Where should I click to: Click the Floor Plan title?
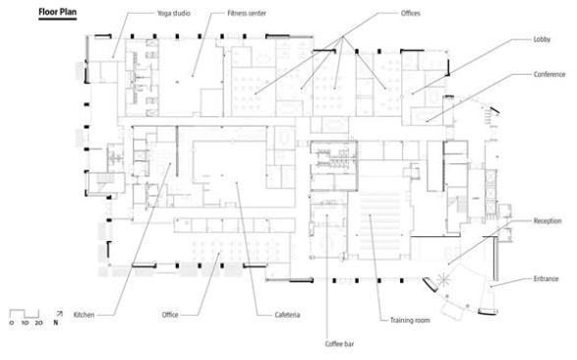click(x=58, y=12)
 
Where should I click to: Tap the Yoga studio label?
click(x=174, y=13)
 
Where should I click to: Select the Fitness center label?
click(x=247, y=13)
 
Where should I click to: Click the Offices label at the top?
click(x=411, y=13)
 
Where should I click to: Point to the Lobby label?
click(x=542, y=39)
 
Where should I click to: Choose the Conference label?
click(x=549, y=75)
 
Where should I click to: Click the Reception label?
click(x=548, y=221)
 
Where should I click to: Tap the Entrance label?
click(x=547, y=279)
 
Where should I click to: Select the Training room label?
click(x=410, y=321)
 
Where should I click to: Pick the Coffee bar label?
click(x=339, y=344)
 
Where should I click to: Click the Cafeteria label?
click(x=287, y=315)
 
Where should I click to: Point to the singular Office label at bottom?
click(x=170, y=315)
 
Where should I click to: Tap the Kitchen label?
click(x=84, y=315)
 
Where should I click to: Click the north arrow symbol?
click(x=59, y=314)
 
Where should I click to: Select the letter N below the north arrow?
click(x=56, y=323)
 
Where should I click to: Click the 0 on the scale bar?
click(x=12, y=323)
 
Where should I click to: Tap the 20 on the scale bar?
click(x=38, y=323)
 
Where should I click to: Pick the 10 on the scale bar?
click(x=25, y=323)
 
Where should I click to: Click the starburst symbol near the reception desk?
click(x=443, y=279)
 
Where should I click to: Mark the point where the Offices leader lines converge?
click(x=343, y=36)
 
